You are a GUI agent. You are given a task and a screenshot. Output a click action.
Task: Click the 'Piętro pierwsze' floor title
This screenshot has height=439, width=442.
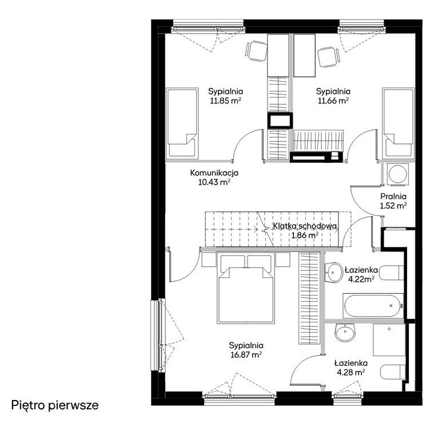(x=55, y=406)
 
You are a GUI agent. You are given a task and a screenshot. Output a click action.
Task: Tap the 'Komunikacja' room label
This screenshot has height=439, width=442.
(x=214, y=173)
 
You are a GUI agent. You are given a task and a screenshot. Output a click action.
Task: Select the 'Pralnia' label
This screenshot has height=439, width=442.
(x=393, y=197)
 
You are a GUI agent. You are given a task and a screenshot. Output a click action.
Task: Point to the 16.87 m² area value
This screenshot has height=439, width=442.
(x=246, y=354)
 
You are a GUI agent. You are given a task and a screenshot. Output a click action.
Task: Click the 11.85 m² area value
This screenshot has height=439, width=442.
(x=225, y=101)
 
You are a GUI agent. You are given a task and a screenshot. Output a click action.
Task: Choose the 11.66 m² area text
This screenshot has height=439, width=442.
(x=333, y=101)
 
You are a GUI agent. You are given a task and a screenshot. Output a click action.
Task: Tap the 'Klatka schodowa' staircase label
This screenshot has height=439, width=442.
(x=305, y=226)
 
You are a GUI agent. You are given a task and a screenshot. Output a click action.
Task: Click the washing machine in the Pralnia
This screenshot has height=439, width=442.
(x=398, y=174)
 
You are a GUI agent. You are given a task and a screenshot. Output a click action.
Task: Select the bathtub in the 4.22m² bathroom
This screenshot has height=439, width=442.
(x=373, y=306)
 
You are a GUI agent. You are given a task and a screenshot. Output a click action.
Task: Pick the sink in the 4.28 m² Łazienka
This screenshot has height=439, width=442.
(x=344, y=333)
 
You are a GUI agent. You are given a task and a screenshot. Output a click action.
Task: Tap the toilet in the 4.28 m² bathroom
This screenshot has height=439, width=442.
(x=393, y=372)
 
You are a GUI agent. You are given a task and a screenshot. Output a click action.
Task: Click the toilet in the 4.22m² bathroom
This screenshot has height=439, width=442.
(x=391, y=273)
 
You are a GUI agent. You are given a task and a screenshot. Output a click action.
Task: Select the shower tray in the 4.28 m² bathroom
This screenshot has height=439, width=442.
(x=389, y=340)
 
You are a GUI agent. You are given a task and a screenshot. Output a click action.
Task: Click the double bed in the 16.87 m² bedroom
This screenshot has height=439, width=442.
(x=246, y=288)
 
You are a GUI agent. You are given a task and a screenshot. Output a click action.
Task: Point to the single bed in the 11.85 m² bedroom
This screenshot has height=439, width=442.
(x=181, y=122)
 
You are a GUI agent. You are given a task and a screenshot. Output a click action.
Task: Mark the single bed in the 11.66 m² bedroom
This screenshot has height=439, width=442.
(x=399, y=122)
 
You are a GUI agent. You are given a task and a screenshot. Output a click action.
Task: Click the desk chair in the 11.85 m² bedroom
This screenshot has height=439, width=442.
(x=257, y=51)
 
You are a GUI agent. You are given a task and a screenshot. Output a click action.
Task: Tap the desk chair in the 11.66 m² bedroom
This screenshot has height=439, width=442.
(x=329, y=57)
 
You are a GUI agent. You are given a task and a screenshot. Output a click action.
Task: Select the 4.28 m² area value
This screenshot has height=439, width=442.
(x=351, y=372)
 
